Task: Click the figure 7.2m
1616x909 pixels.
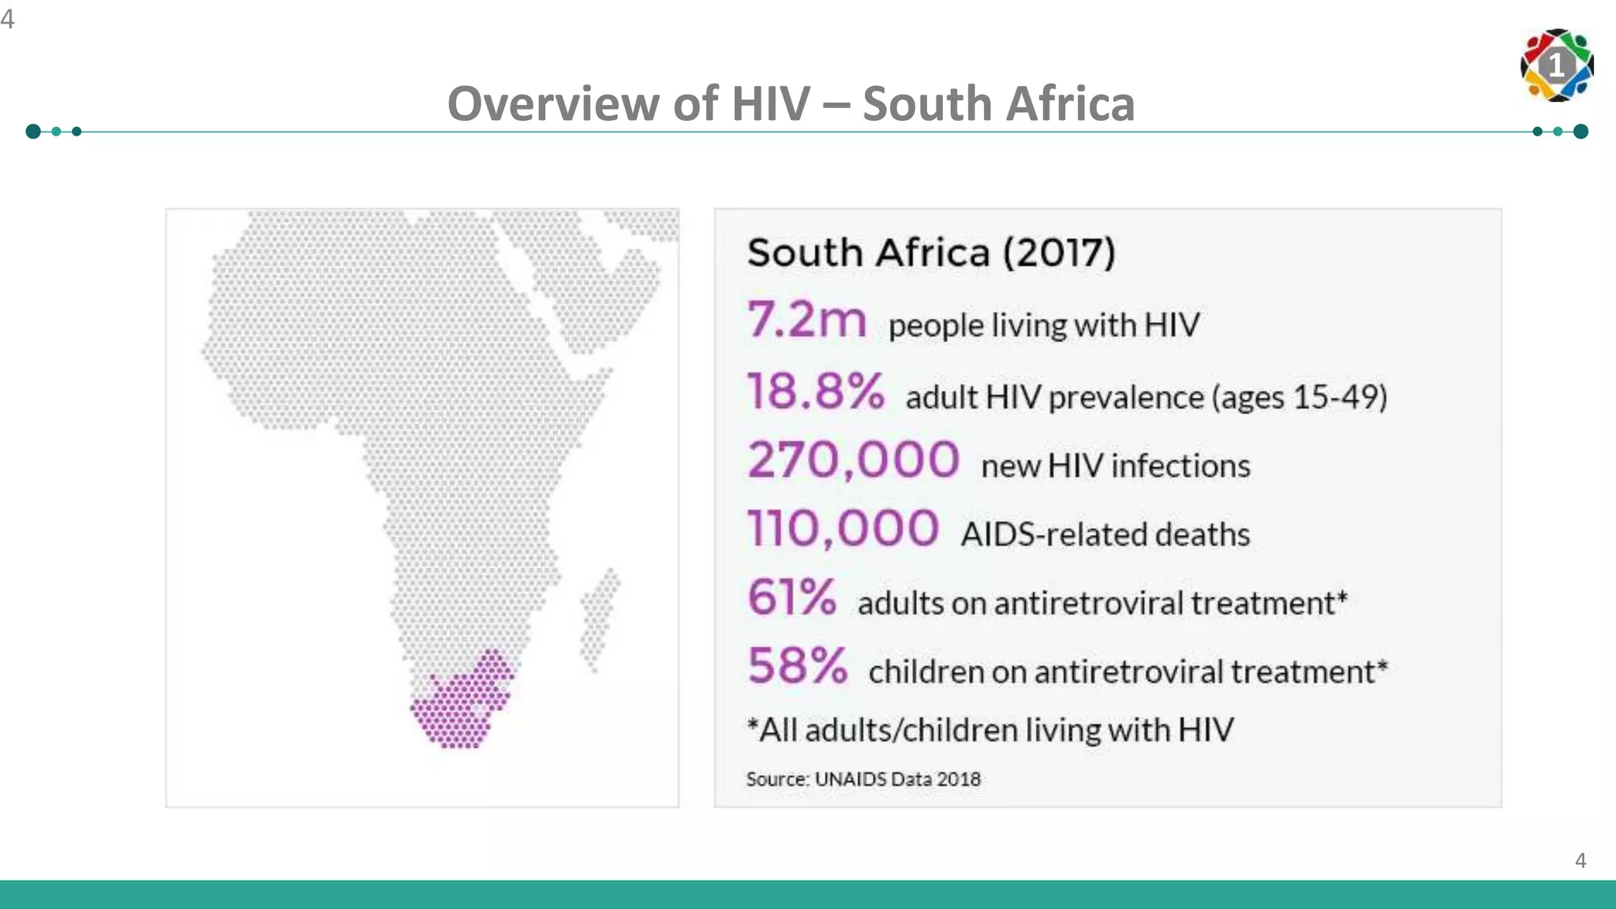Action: point(806,320)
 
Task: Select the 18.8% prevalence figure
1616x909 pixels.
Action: point(816,391)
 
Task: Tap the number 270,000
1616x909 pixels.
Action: point(853,460)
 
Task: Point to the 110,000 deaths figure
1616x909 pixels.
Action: point(843,529)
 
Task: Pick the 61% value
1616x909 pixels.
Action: point(791,597)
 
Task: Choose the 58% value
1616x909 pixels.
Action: point(797,666)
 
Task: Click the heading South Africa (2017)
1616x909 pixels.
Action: point(931,253)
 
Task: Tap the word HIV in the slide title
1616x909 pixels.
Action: point(770,104)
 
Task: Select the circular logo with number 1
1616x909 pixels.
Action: point(1556,65)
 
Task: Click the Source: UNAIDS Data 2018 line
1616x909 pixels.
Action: point(863,780)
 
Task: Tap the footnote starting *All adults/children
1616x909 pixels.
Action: point(990,730)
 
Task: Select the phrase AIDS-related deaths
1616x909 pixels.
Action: point(1105,535)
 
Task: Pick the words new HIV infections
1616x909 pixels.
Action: point(1115,466)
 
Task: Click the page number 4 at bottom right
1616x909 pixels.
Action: point(1580,860)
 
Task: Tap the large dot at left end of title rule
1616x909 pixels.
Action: point(33,132)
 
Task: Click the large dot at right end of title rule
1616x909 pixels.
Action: point(1580,132)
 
